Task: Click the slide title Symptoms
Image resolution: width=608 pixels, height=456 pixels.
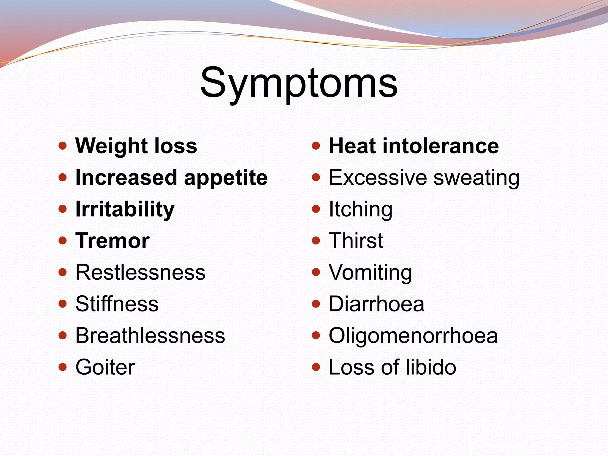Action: point(299,83)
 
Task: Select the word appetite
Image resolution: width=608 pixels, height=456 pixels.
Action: point(226,178)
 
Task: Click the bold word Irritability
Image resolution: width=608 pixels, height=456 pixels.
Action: point(125,209)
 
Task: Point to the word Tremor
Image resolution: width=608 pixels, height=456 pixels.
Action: point(113,241)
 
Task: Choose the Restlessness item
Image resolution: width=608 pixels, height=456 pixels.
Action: point(140,272)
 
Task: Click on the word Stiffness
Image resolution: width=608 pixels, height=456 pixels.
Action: point(117,304)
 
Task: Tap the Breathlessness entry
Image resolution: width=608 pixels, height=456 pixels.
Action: point(150,335)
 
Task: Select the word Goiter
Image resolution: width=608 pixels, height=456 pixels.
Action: point(105,367)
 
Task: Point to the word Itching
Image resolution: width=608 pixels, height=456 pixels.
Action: point(360,209)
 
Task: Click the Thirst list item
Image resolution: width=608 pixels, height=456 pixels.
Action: point(356,241)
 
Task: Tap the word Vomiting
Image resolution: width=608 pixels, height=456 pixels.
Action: point(370,273)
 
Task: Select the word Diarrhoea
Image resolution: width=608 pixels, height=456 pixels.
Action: point(376,304)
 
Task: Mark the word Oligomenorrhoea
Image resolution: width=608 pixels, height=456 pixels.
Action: point(413,335)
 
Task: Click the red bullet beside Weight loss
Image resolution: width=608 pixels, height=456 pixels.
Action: point(63,146)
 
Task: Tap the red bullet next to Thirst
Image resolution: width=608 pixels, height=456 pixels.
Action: point(316,240)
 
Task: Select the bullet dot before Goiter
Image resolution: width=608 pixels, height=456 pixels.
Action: point(63,367)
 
